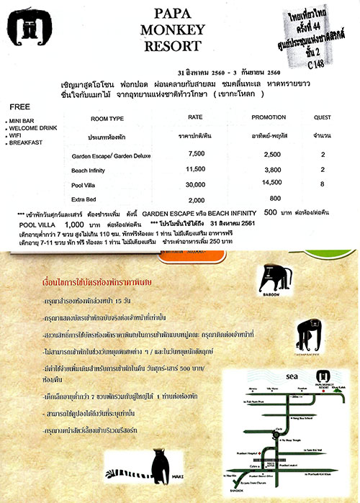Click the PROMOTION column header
[x=268, y=117]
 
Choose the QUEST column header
[x=323, y=117]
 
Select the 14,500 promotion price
[x=269, y=185]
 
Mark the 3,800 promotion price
[x=269, y=170]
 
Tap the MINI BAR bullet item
[x=23, y=122]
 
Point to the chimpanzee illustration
[x=307, y=332]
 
